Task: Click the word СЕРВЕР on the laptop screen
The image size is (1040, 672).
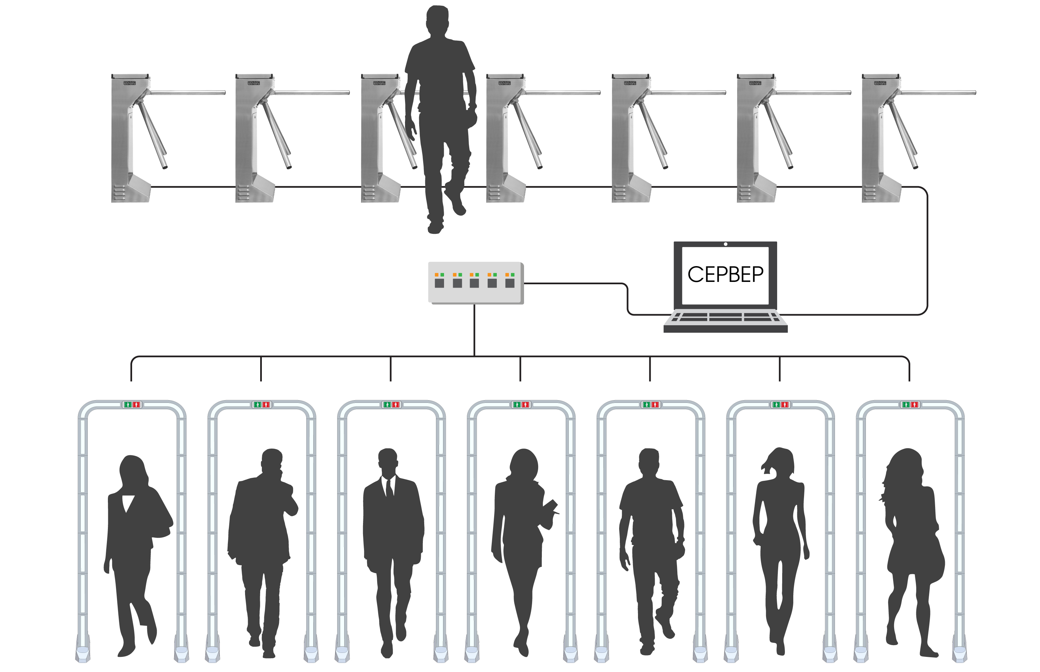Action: [725, 275]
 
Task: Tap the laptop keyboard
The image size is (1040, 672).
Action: [725, 317]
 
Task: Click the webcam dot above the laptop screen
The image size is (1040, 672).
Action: [725, 244]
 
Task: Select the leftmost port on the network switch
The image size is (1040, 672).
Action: [439, 283]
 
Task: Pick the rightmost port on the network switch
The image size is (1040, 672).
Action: [510, 283]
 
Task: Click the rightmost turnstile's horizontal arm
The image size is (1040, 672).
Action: [938, 92]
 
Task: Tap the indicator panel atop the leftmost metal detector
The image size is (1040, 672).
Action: [132, 405]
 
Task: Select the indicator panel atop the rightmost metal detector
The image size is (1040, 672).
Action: [910, 405]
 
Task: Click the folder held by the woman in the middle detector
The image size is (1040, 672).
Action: [551, 507]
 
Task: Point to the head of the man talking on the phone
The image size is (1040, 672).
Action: [272, 462]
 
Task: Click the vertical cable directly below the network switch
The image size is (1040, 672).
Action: [474, 330]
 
